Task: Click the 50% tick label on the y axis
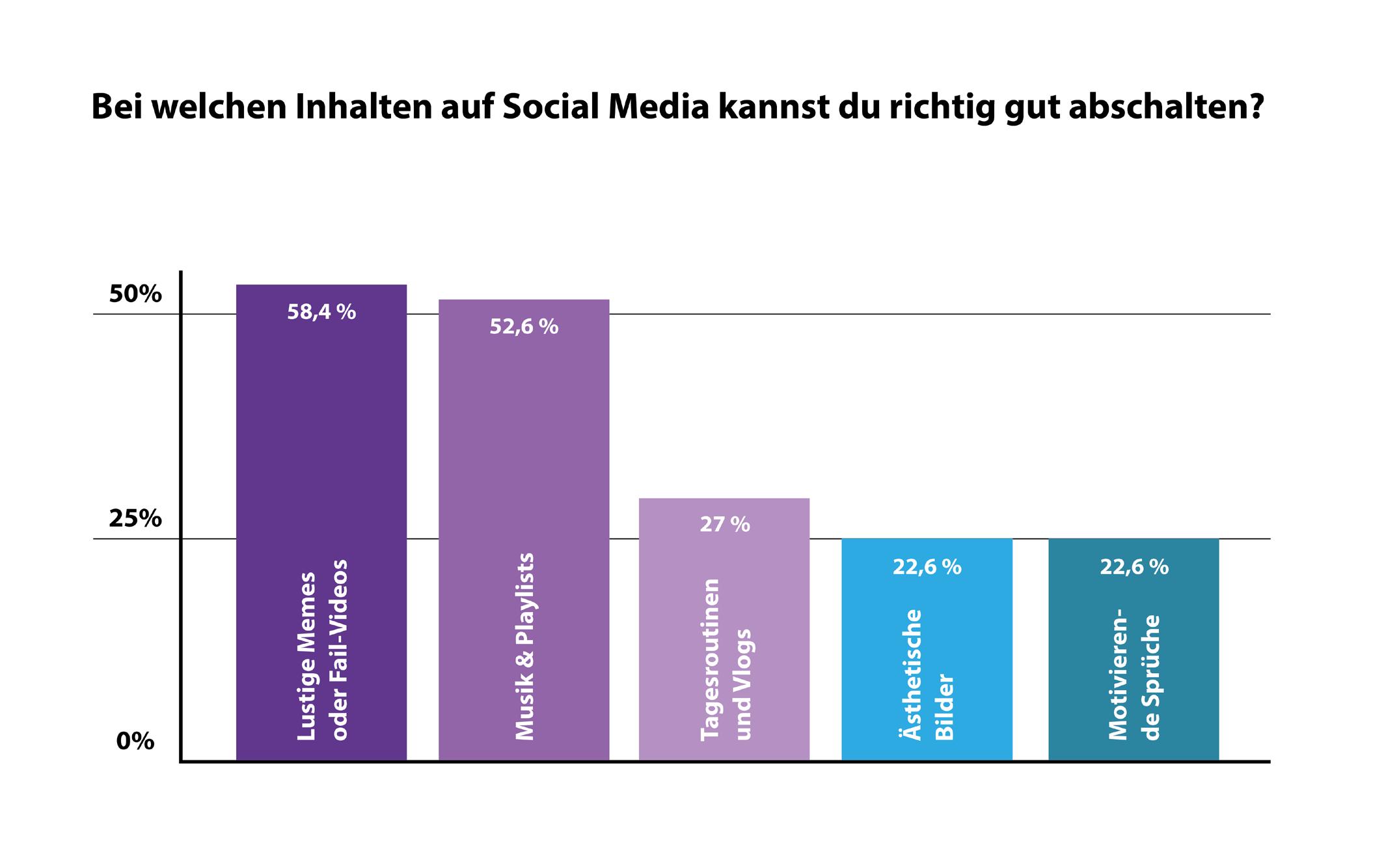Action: (135, 294)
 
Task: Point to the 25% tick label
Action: (135, 519)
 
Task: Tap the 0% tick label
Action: (135, 741)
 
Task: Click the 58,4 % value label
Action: (321, 312)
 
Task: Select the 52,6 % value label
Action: (524, 326)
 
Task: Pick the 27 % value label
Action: (725, 524)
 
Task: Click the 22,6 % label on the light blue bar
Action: (927, 567)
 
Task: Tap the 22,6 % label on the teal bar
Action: (1134, 567)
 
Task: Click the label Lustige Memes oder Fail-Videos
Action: (323, 649)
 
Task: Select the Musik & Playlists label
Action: (524, 646)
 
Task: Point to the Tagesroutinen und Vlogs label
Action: (726, 658)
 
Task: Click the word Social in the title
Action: (550, 107)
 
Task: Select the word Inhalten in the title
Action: (364, 107)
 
